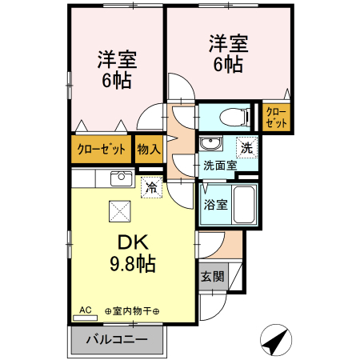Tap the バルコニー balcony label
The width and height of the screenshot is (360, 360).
[116, 340]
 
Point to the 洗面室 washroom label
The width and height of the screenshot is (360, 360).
[218, 166]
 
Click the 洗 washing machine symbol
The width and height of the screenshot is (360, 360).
[247, 147]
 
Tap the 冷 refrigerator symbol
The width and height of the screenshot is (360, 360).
[150, 188]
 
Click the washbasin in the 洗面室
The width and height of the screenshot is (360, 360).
[210, 145]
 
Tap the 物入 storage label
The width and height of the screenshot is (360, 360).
[149, 149]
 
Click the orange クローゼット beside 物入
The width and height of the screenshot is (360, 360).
[101, 149]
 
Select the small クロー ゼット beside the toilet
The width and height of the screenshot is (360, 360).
[273, 118]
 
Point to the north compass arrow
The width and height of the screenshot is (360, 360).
[277, 342]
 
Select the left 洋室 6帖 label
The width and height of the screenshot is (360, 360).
[116, 70]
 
